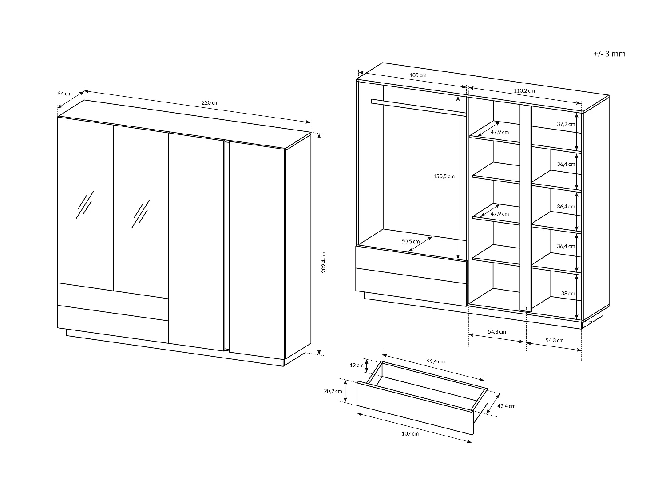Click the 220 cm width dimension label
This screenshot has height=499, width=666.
(x=210, y=103)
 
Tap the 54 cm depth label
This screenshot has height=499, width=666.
(x=64, y=94)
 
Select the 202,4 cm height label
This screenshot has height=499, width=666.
(x=324, y=262)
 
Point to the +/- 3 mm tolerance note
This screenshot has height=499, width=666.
(x=609, y=54)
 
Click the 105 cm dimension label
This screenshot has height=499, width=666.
(x=418, y=75)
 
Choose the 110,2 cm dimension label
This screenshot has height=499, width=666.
(x=524, y=91)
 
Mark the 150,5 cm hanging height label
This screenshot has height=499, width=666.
(x=444, y=177)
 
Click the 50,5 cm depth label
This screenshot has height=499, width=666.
(x=410, y=242)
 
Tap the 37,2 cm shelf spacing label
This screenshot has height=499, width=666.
(x=566, y=124)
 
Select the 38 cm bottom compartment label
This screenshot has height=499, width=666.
(x=568, y=294)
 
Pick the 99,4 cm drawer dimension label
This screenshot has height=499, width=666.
(x=436, y=361)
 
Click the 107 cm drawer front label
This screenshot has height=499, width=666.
(x=410, y=434)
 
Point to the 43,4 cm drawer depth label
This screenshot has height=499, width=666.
(x=506, y=406)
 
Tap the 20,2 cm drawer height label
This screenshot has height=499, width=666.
(x=333, y=391)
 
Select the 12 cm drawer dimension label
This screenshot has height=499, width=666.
(x=356, y=365)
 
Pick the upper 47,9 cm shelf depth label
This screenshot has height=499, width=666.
(x=499, y=132)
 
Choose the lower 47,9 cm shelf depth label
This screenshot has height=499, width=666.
(x=499, y=214)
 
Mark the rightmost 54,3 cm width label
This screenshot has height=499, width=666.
(x=554, y=340)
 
